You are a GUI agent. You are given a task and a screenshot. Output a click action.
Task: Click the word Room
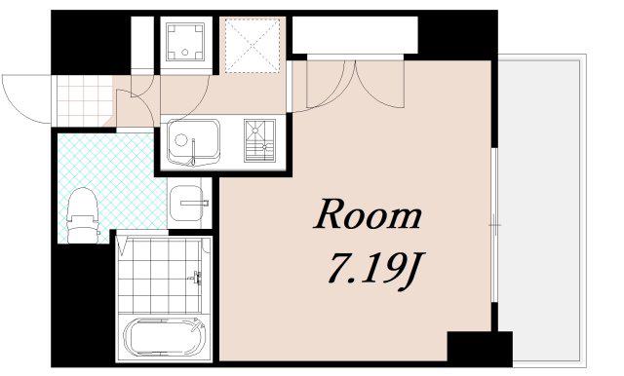[x=368, y=214]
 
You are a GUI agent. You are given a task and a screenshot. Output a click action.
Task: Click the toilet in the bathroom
[x=83, y=215]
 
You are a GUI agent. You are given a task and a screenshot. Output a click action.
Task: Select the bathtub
[x=164, y=338]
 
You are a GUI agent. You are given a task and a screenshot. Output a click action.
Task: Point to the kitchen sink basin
[x=193, y=142]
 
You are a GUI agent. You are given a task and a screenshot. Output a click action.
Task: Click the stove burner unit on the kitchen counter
[x=259, y=140]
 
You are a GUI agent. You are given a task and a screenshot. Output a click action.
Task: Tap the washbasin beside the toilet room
[x=186, y=204]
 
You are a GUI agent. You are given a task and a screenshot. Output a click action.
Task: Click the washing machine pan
[x=185, y=42]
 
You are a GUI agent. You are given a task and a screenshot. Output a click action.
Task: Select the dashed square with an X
[x=253, y=45]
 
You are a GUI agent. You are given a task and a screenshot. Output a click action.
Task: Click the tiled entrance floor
[x=84, y=100]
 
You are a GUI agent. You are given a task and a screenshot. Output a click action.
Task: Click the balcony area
[x=543, y=209]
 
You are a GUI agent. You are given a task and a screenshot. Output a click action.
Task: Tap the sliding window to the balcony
[x=494, y=225]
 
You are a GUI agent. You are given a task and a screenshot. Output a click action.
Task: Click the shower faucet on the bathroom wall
[x=196, y=278]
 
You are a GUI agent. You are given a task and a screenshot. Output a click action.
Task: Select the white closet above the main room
[x=355, y=35]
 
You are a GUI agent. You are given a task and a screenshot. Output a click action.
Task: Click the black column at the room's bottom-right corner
[x=480, y=349]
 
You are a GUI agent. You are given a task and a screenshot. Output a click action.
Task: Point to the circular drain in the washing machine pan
[x=185, y=52]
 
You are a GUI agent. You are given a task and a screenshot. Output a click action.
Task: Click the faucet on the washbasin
[x=194, y=204]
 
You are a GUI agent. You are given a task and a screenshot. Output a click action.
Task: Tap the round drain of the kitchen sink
[x=181, y=140]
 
